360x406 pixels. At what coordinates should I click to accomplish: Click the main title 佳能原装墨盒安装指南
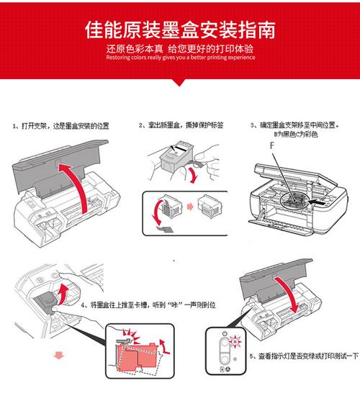(x=180, y=30)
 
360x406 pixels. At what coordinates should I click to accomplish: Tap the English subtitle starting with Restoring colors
(x=180, y=58)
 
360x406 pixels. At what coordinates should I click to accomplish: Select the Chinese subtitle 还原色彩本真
(x=134, y=49)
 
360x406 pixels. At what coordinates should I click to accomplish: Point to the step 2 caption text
(x=182, y=125)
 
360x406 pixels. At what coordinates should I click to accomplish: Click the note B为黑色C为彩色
(x=294, y=135)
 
